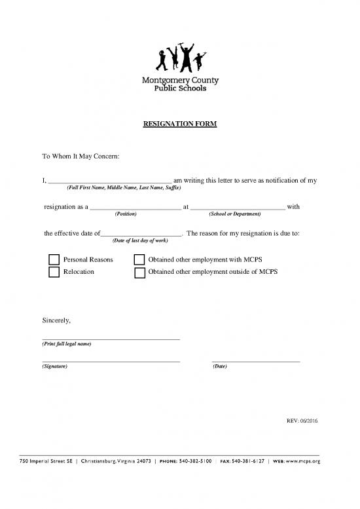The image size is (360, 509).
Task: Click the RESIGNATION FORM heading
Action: tap(179, 124)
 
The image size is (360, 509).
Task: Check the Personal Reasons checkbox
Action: tap(54, 260)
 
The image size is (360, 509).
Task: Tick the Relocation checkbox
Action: tap(54, 272)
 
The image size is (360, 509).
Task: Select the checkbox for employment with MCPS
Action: tap(139, 260)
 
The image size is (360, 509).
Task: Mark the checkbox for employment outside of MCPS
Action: tap(139, 272)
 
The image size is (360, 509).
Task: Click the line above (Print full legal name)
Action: tap(111, 338)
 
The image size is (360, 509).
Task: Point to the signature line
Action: tap(111, 360)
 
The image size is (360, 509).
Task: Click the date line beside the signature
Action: tap(256, 360)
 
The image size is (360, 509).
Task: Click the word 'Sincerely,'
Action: tap(56, 320)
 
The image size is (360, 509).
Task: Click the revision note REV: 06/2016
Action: tap(302, 420)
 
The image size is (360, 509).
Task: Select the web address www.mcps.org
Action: tap(303, 461)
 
